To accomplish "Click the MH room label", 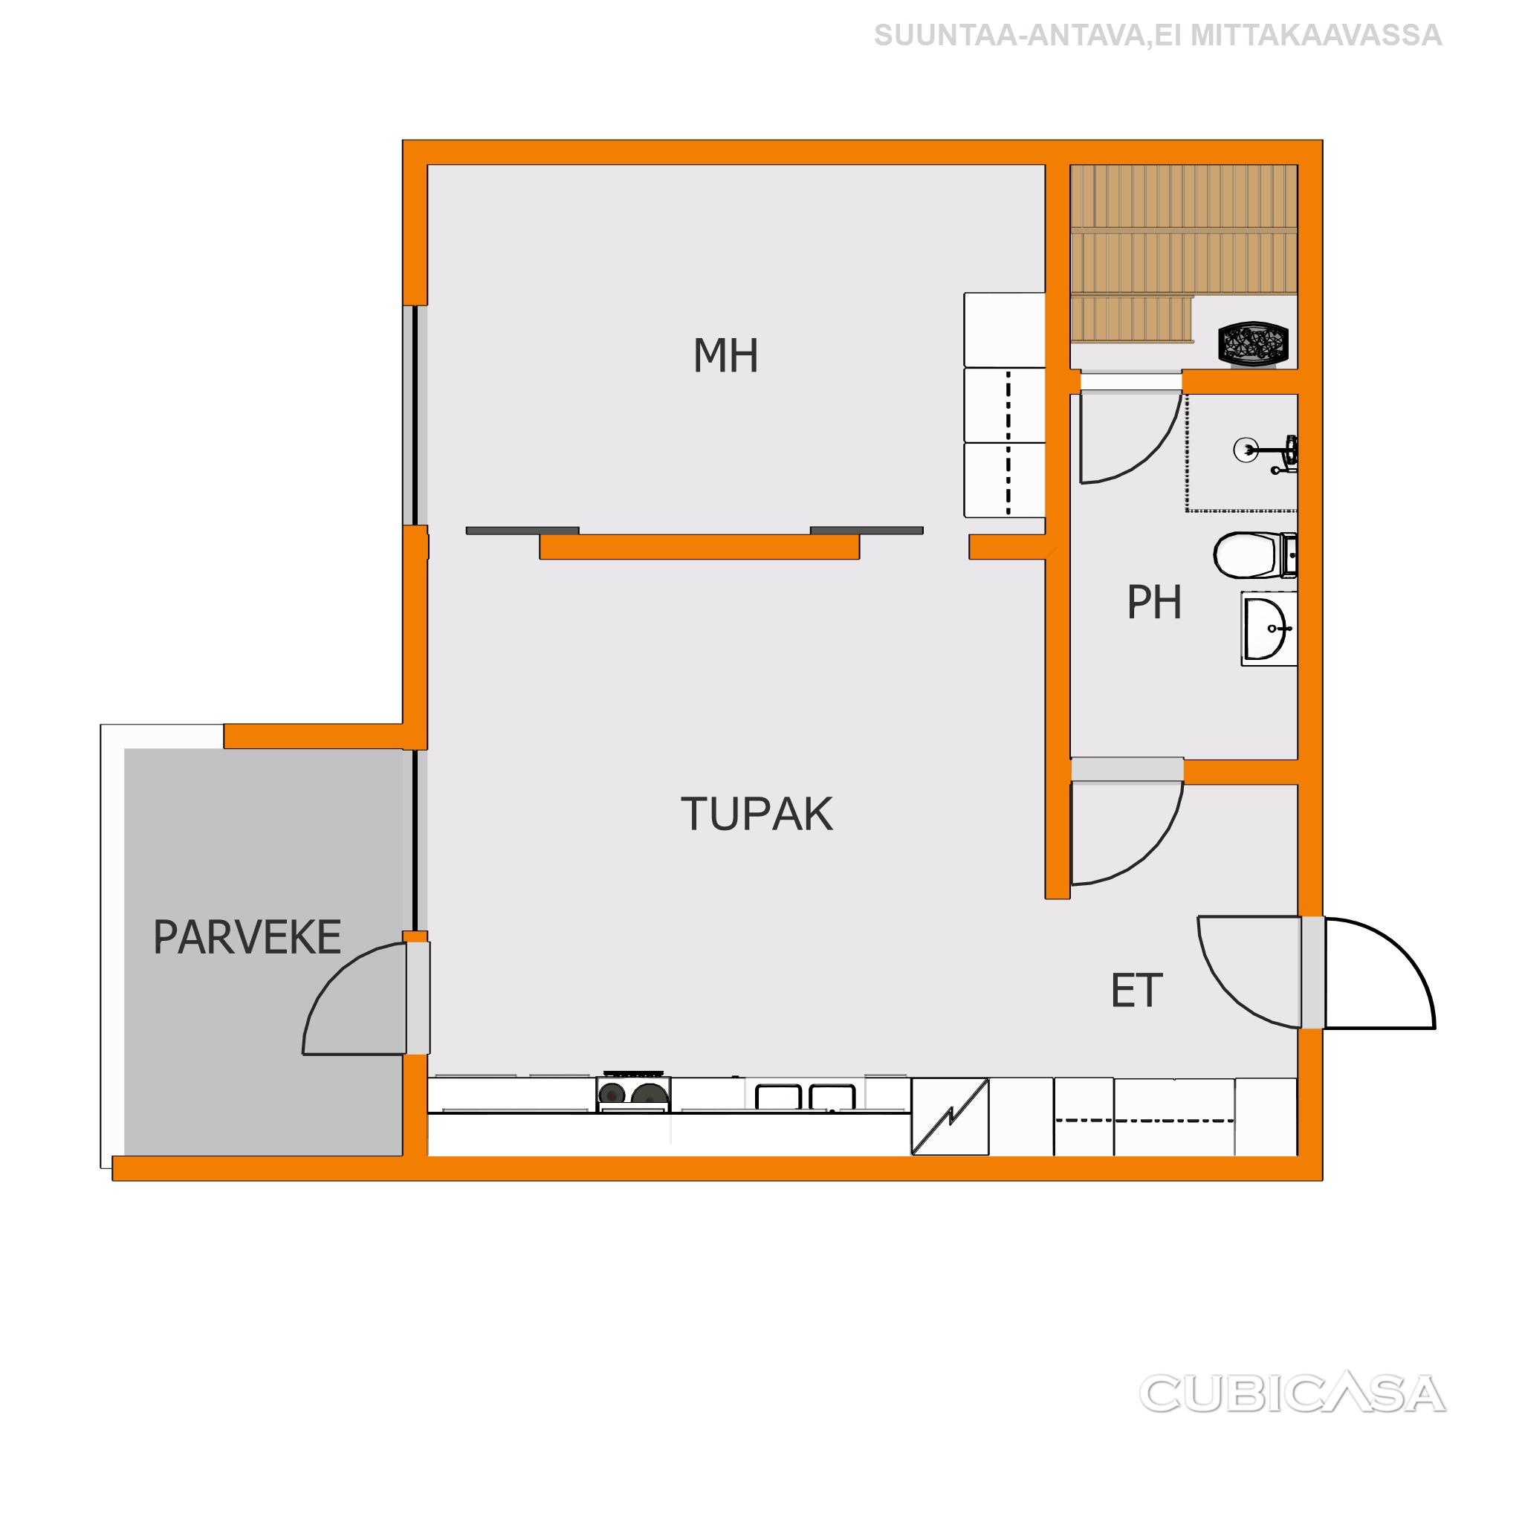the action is pyautogui.click(x=725, y=355).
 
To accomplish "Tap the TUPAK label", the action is pyautogui.click(x=757, y=814).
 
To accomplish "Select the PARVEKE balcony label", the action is pyautogui.click(x=247, y=937).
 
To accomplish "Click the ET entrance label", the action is pyautogui.click(x=1136, y=991).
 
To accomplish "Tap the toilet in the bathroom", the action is pyautogui.click(x=1254, y=554).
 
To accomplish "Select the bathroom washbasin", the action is pyautogui.click(x=1269, y=628).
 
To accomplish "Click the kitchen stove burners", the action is pyautogui.click(x=632, y=1093).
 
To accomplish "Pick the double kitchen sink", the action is pyautogui.click(x=805, y=1097).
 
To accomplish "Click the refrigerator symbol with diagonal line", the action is pyautogui.click(x=950, y=1116).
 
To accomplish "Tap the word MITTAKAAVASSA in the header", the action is pyautogui.click(x=1316, y=36).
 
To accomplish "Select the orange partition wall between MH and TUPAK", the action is pyautogui.click(x=699, y=547).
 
